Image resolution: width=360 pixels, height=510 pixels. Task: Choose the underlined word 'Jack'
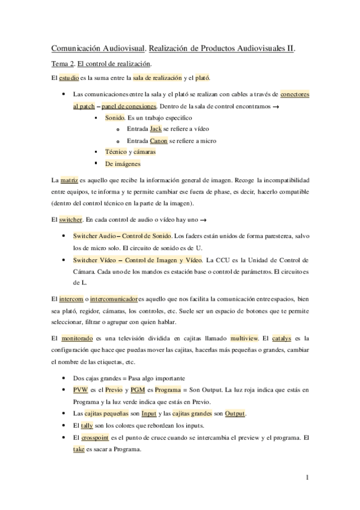pyautogui.click(x=156, y=129)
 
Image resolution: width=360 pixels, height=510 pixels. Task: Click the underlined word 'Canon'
pyautogui.click(x=159, y=141)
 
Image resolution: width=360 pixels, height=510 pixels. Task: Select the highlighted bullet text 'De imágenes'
pyautogui.click(x=123, y=164)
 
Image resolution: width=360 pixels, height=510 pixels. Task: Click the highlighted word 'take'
pyautogui.click(x=78, y=449)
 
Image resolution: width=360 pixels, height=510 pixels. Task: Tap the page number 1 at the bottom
pyautogui.click(x=307, y=478)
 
